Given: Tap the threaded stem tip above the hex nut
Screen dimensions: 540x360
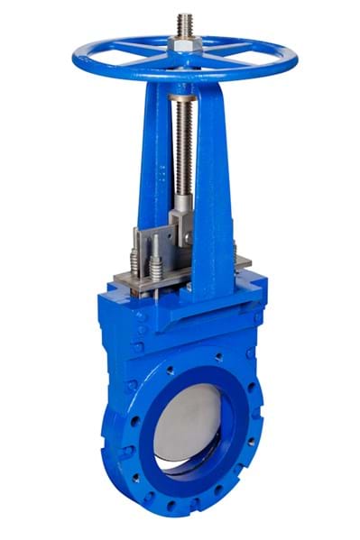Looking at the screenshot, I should click(x=184, y=23).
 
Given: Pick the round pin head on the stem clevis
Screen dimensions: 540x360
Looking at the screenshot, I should click(x=188, y=216).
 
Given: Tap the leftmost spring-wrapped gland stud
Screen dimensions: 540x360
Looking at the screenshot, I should click(x=135, y=256).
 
